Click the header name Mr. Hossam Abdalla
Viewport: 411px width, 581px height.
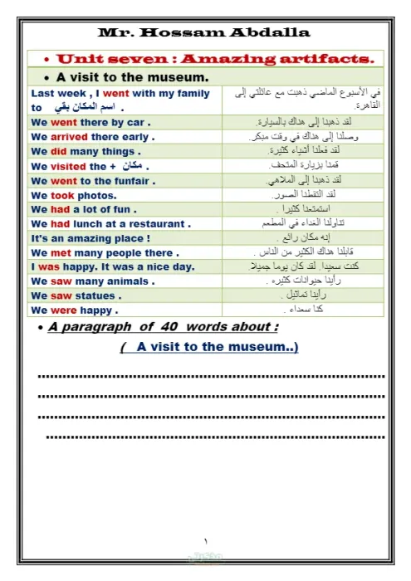click(x=204, y=32)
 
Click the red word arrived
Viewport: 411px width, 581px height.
click(x=69, y=136)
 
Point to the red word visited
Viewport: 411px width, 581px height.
click(x=68, y=166)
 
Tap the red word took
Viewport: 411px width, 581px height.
click(x=62, y=195)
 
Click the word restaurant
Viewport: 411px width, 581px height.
click(x=154, y=223)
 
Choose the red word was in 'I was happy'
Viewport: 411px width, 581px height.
click(x=49, y=266)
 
